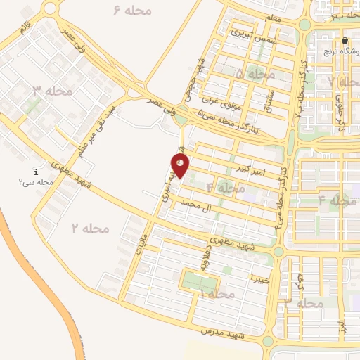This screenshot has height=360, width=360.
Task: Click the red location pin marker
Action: click(x=181, y=165)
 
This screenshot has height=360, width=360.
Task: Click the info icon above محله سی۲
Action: click(x=36, y=172)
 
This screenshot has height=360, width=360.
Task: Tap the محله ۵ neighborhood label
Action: click(x=255, y=73)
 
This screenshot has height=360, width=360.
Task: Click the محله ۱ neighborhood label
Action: click(x=217, y=293)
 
